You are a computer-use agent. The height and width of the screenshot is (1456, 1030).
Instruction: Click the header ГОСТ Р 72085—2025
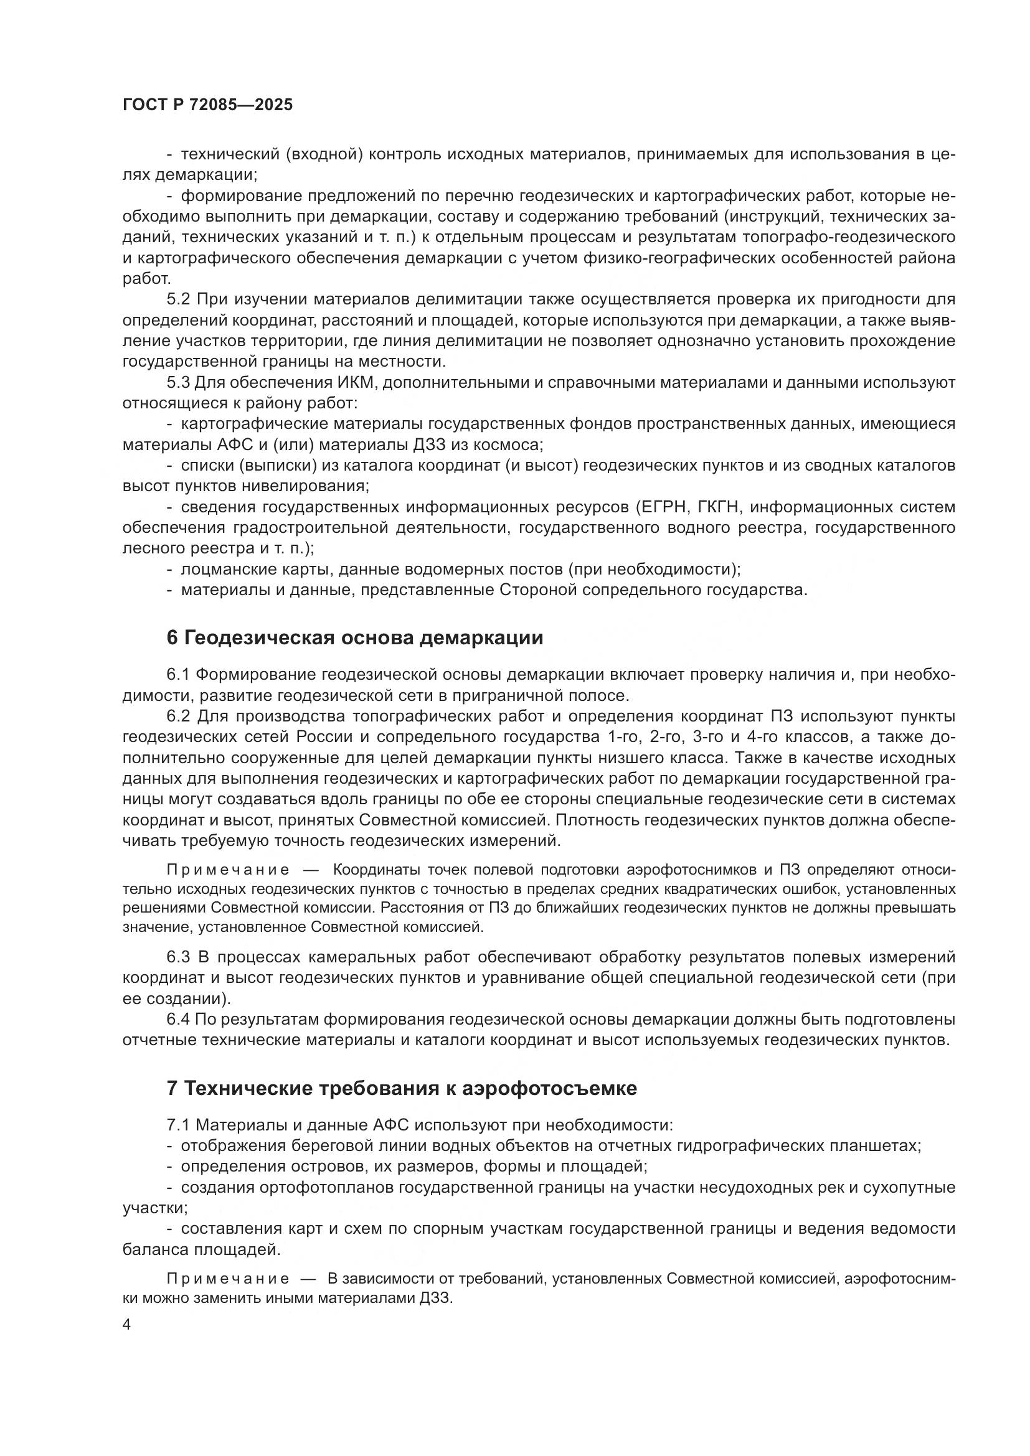[x=207, y=105]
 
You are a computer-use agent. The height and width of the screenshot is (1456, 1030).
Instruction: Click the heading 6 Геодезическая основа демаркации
[x=354, y=637]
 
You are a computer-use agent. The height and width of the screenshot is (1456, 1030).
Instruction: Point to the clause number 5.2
[x=179, y=299]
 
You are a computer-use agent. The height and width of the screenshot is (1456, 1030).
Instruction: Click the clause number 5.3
[x=179, y=382]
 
